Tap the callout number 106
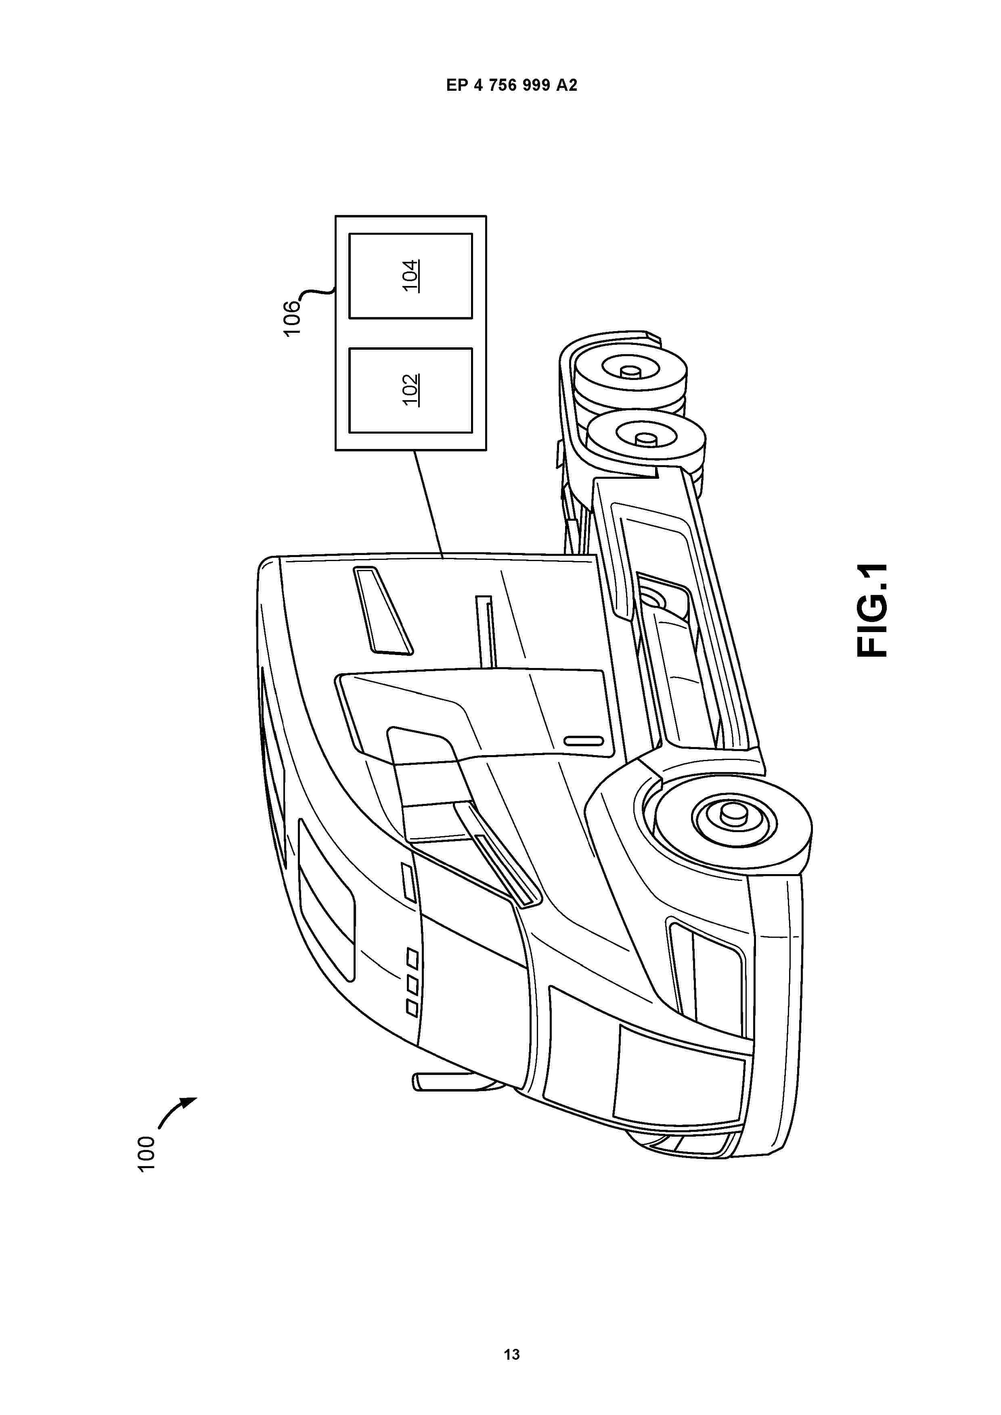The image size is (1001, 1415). (292, 317)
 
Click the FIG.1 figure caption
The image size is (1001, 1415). (872, 610)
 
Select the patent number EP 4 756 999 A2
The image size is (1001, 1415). (511, 86)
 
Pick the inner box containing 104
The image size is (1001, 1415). (411, 275)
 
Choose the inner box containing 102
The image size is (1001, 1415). (411, 390)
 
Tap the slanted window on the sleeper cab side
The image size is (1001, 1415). (383, 609)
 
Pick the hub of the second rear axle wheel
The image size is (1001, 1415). (647, 439)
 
